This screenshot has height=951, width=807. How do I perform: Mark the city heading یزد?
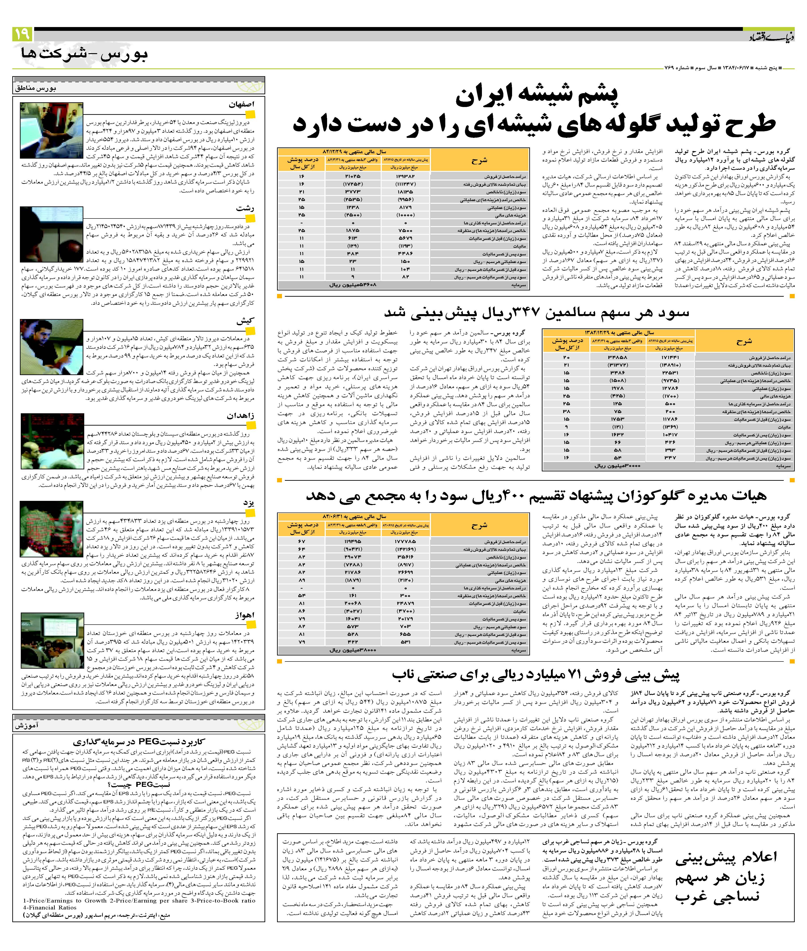(248, 503)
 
